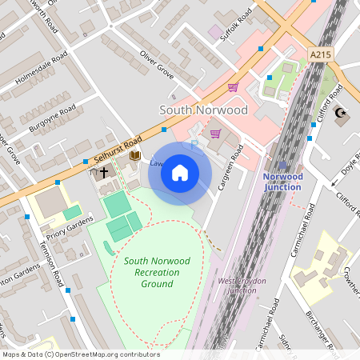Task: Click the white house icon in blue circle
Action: (180, 173)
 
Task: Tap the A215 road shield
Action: (319, 54)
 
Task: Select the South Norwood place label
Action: (203, 110)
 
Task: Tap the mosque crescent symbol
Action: (343, 114)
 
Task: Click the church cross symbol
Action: (104, 172)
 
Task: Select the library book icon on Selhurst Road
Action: (135, 155)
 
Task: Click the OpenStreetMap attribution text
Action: (80, 354)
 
